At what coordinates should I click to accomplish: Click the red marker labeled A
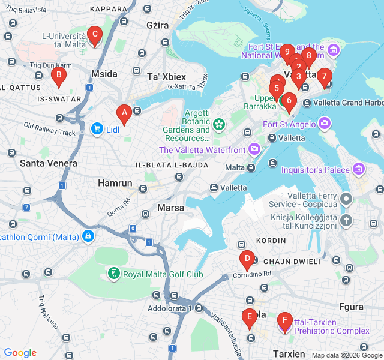coord(124,112)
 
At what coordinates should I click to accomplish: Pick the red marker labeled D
coord(246,260)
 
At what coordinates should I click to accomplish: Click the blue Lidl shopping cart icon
coord(96,128)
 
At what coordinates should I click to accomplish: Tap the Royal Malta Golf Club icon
coord(113,274)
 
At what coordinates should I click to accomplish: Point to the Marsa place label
coord(170,208)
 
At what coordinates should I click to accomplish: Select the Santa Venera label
coord(49,163)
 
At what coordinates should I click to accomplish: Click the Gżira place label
coord(158,26)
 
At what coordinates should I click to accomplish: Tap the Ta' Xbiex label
coord(167,77)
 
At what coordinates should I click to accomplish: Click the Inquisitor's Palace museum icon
coord(359,169)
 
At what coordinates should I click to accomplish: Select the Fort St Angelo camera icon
coord(325,124)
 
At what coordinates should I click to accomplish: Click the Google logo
coord(20,353)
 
